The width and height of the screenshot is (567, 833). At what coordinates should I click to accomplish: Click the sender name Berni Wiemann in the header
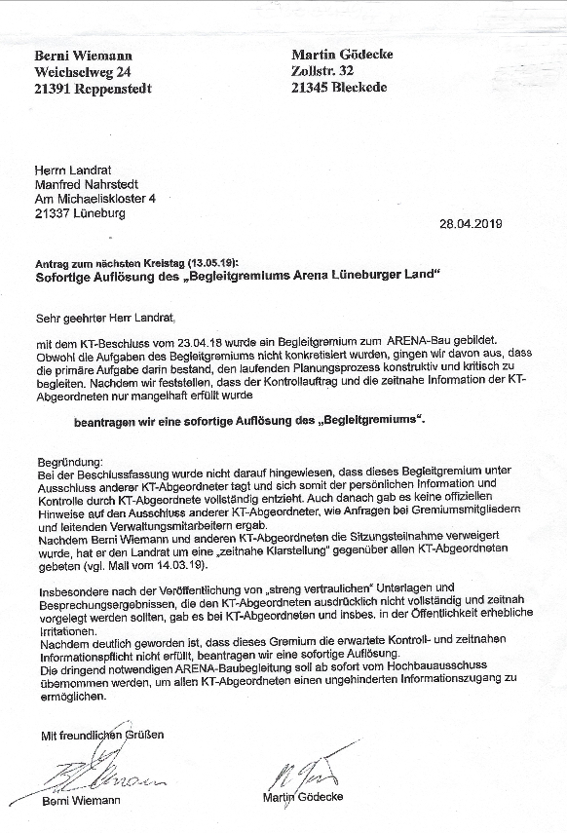click(83, 57)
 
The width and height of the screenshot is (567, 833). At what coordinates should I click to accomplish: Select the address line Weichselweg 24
click(81, 72)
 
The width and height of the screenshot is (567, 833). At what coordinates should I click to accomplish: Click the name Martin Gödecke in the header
click(342, 55)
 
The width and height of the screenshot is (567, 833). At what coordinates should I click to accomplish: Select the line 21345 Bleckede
click(339, 87)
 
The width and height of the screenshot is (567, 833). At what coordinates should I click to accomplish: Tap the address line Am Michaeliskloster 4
click(94, 199)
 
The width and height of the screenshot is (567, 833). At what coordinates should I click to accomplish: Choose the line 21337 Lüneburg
click(79, 213)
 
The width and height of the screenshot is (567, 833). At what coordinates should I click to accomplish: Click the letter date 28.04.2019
click(471, 223)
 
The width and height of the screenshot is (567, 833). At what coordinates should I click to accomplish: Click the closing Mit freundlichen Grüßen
click(102, 733)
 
